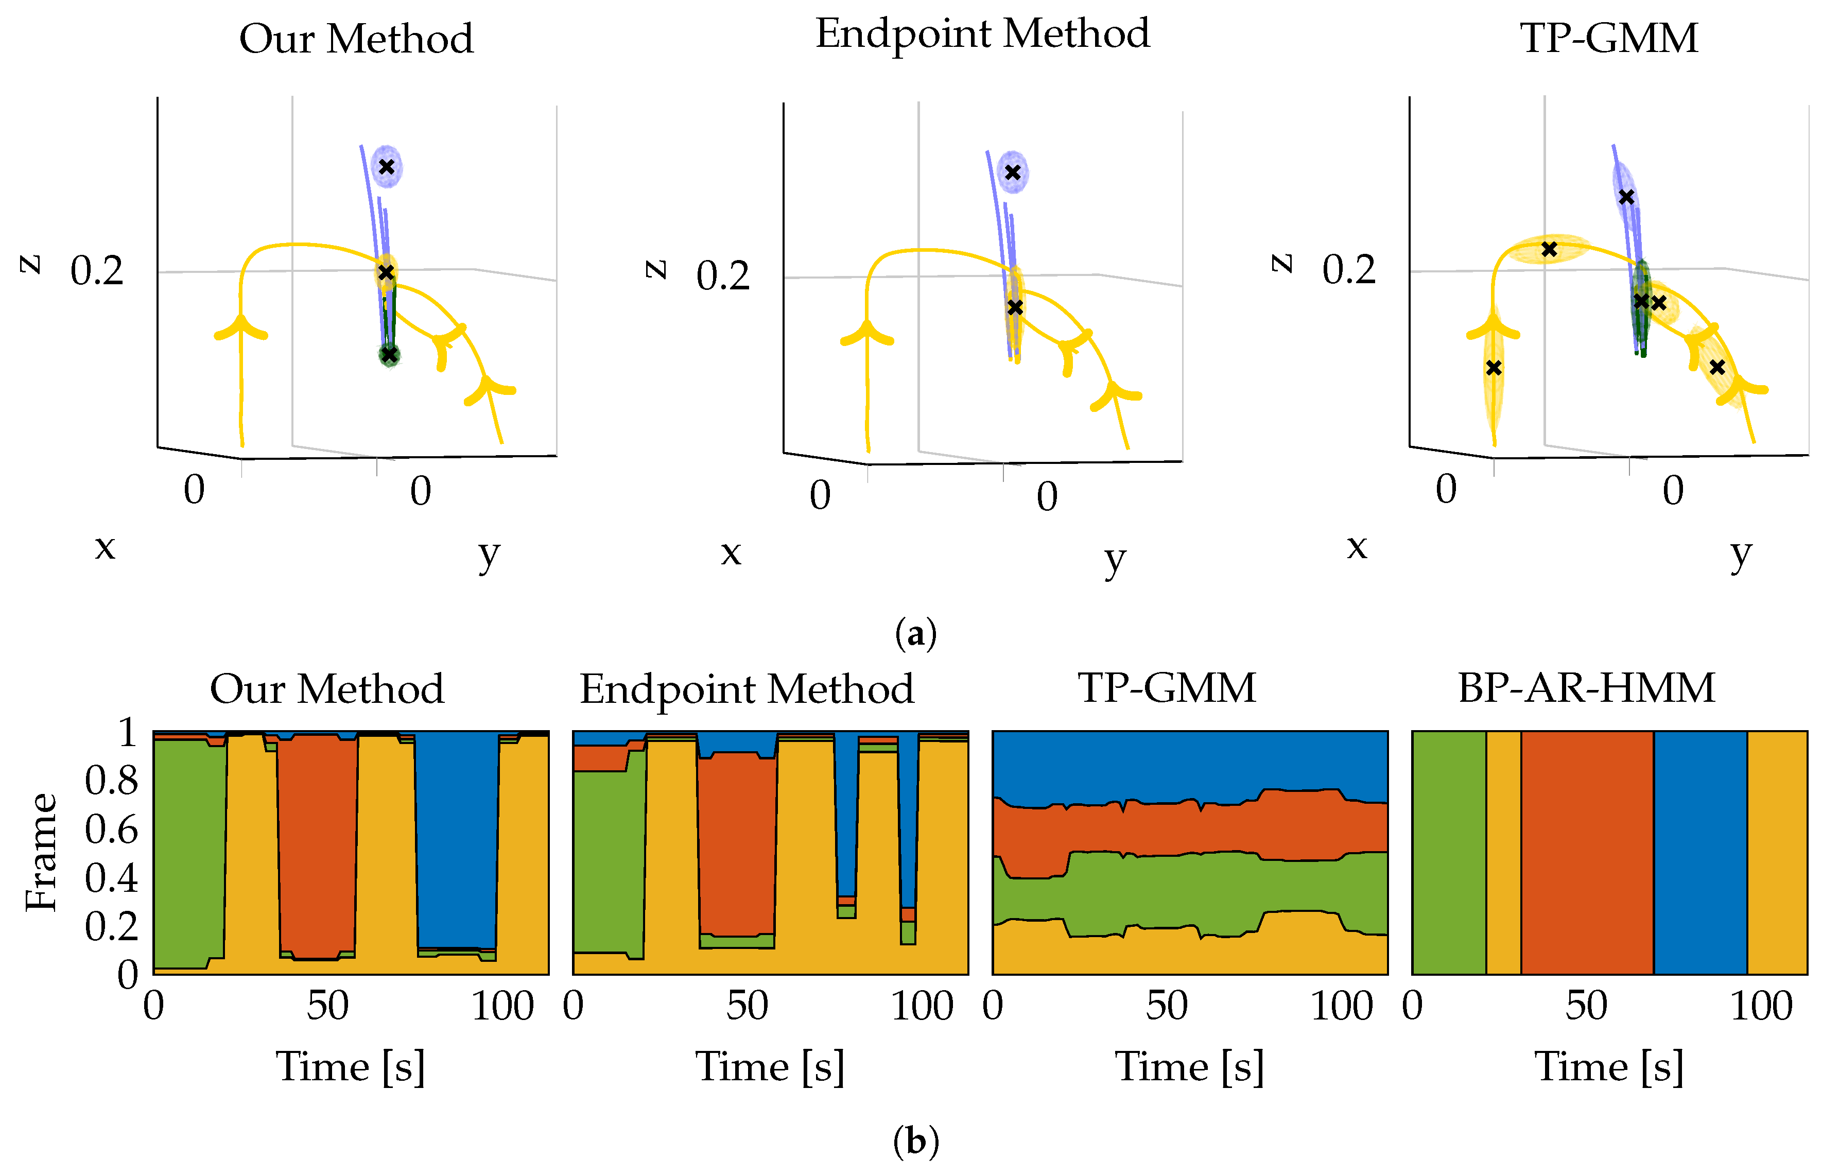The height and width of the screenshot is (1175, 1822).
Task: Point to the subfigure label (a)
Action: click(915, 633)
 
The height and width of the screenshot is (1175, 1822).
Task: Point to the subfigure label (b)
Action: click(915, 1142)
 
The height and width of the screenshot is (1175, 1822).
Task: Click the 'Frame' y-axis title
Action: click(42, 852)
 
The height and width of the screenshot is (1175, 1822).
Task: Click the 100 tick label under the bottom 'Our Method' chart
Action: click(502, 1006)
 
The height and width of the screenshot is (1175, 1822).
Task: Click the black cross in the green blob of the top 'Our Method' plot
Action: click(390, 355)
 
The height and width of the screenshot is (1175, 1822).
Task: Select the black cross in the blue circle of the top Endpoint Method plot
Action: click(1012, 172)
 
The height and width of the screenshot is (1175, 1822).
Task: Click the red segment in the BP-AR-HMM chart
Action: click(1586, 852)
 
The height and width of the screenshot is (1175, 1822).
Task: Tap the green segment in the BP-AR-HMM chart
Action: click(1448, 852)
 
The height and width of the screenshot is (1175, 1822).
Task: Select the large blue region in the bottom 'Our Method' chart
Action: click(456, 839)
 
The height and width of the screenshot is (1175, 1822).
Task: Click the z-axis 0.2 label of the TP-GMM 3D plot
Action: click(1348, 270)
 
